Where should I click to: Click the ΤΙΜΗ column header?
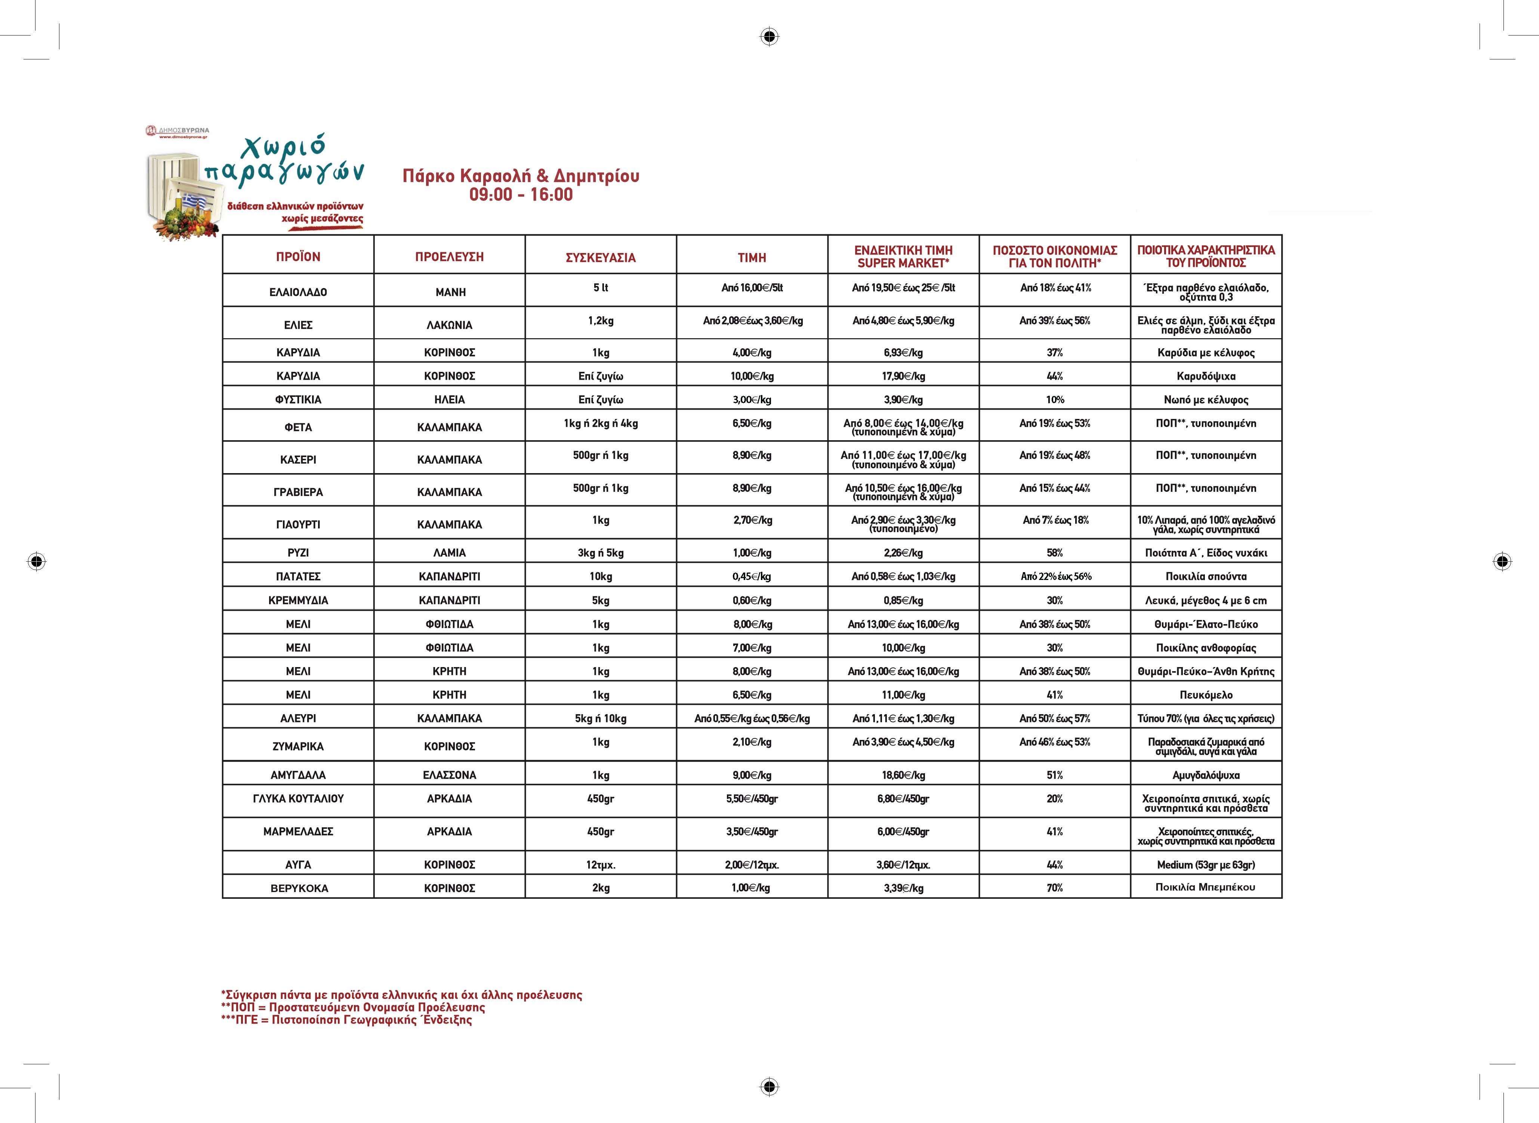pos(752,257)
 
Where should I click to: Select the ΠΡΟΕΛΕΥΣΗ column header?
pos(449,257)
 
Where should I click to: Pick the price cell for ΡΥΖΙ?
pos(752,553)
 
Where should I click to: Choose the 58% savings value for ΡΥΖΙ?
pos(1054,553)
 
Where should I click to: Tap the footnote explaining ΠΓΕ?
pos(347,1020)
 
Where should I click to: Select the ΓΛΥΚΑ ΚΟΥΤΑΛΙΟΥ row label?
pos(298,799)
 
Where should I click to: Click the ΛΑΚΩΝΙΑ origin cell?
pos(449,325)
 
